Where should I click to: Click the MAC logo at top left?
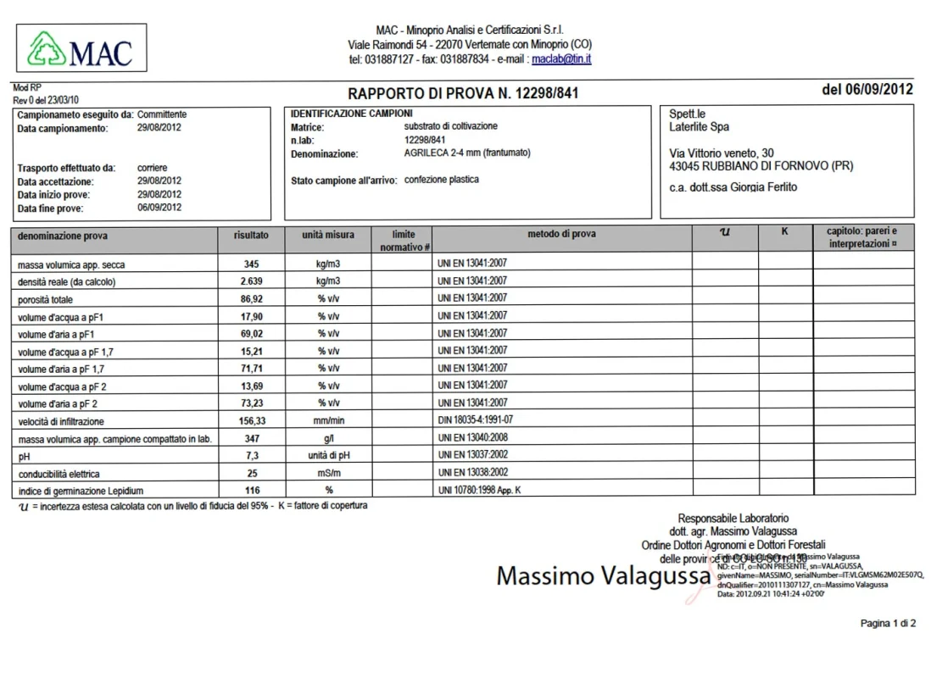81,48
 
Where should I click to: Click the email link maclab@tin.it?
560,59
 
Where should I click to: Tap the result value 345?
250,264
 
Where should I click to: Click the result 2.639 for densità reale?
250,281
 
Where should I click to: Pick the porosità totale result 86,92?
250,299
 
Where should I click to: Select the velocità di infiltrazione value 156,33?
250,420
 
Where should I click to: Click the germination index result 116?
250,491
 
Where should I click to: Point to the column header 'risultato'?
251,235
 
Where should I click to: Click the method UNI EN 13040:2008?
472,438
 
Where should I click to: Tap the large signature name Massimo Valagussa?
603,576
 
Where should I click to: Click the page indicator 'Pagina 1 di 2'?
888,624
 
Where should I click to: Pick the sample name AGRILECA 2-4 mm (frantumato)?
467,153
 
